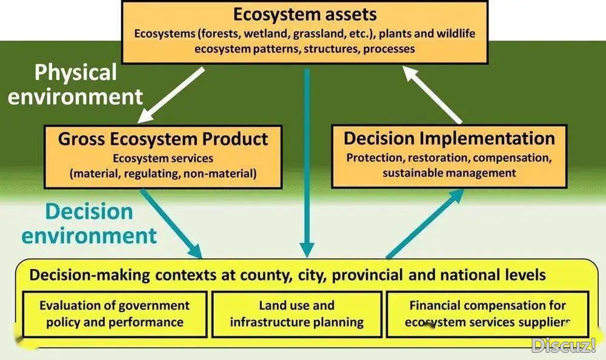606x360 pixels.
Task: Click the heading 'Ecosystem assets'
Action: (x=305, y=15)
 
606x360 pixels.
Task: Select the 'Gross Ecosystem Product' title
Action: (x=162, y=139)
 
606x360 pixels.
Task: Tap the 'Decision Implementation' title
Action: (x=449, y=138)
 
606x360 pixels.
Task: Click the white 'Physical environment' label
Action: (x=75, y=84)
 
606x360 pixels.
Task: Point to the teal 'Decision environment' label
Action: (x=89, y=224)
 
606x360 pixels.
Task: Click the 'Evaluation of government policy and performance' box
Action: (x=115, y=314)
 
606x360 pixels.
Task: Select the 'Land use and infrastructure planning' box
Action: (x=297, y=314)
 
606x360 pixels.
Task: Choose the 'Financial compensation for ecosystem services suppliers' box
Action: (x=488, y=314)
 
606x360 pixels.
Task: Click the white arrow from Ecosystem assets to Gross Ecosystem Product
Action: (x=171, y=95)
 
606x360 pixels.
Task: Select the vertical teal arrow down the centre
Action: (x=307, y=163)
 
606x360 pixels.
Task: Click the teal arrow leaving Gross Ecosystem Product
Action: (x=171, y=224)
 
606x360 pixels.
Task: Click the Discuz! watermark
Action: (x=564, y=345)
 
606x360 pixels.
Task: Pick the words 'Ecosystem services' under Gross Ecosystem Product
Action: (x=162, y=159)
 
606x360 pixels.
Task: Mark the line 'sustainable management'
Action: (x=449, y=173)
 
